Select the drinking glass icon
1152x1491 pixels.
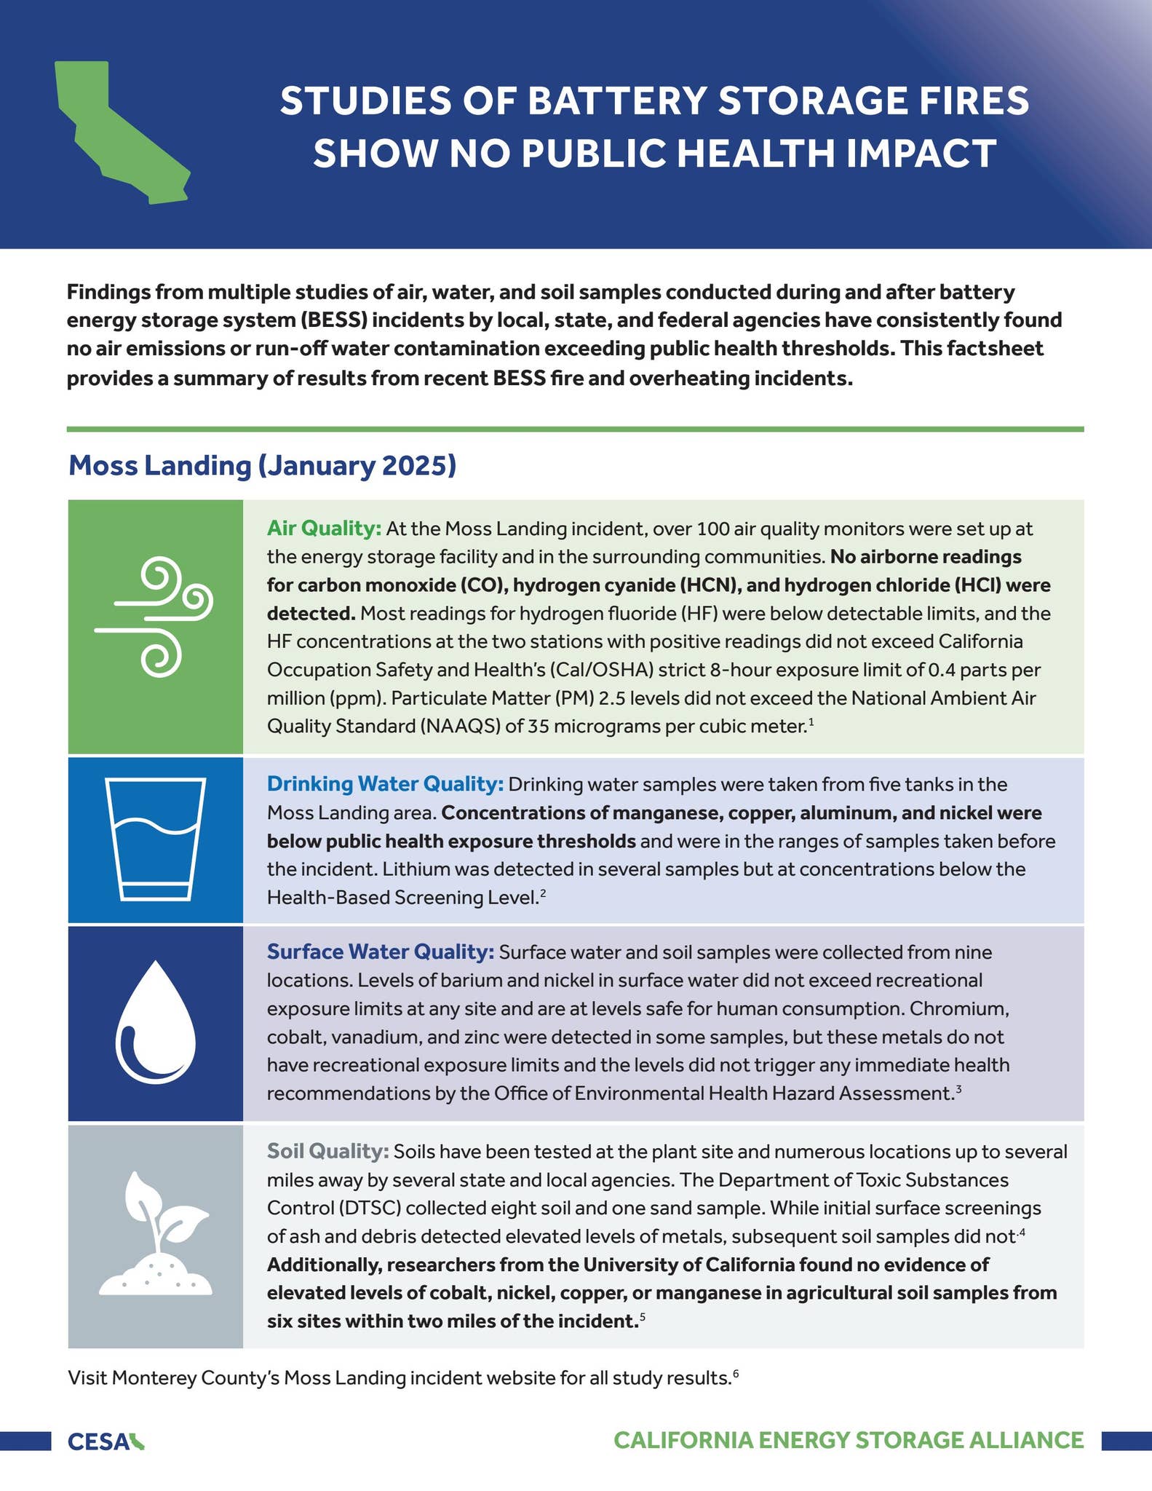pyautogui.click(x=155, y=839)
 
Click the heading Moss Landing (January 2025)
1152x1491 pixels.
pyautogui.click(x=262, y=465)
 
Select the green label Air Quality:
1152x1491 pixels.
pyautogui.click(x=324, y=529)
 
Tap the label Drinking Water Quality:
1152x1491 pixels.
pyautogui.click(x=385, y=784)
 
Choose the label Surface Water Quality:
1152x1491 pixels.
pyautogui.click(x=381, y=952)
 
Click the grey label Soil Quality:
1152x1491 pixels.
pyautogui.click(x=328, y=1151)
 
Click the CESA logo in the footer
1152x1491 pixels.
pyautogui.click(x=106, y=1441)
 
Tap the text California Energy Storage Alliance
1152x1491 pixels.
pyautogui.click(x=849, y=1440)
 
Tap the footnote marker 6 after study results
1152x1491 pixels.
pyautogui.click(x=736, y=1373)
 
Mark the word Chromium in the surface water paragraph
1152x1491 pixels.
pyautogui.click(x=958, y=1008)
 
